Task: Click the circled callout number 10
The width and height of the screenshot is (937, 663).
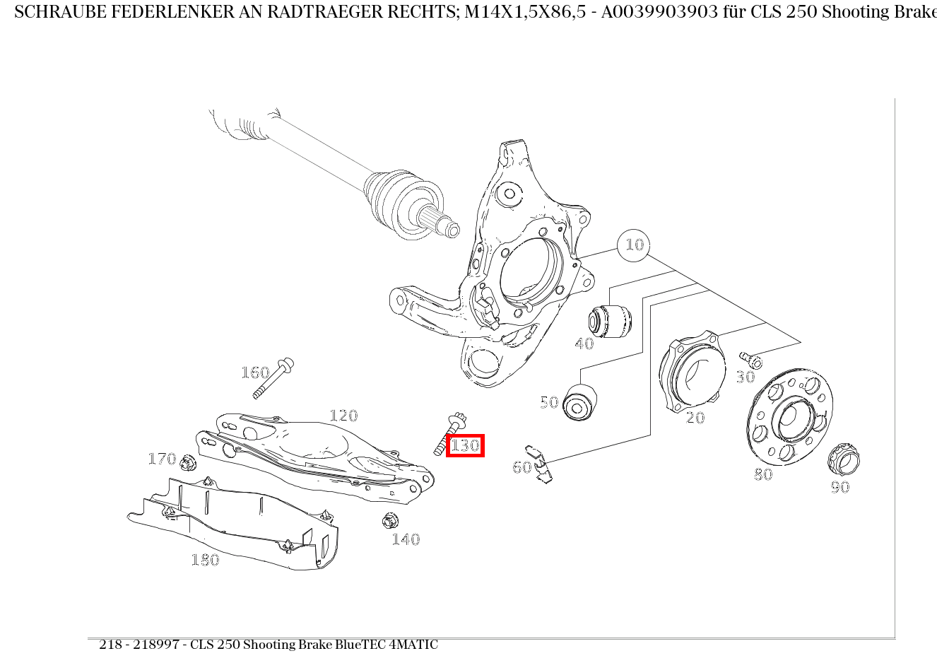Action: point(633,245)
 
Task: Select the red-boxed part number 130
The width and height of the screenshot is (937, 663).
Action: point(465,445)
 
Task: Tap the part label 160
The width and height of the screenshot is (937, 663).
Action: point(255,372)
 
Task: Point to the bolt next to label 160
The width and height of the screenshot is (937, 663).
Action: point(273,378)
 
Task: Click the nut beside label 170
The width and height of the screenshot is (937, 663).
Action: point(188,463)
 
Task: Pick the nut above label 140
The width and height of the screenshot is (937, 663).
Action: point(390,520)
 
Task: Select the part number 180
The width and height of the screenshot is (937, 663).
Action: point(205,560)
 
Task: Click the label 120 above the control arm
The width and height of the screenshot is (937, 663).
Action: point(344,416)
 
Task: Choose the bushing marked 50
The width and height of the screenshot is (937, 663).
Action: point(579,402)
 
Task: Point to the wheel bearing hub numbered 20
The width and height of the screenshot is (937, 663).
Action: point(693,371)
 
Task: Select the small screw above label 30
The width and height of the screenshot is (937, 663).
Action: point(751,360)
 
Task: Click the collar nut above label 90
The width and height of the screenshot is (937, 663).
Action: point(844,459)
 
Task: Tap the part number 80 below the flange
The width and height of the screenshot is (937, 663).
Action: point(763,474)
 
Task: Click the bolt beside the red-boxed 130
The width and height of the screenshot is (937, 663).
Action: point(450,434)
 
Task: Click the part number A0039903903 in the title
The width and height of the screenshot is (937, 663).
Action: point(659,12)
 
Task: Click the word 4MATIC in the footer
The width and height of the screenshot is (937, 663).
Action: point(413,645)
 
